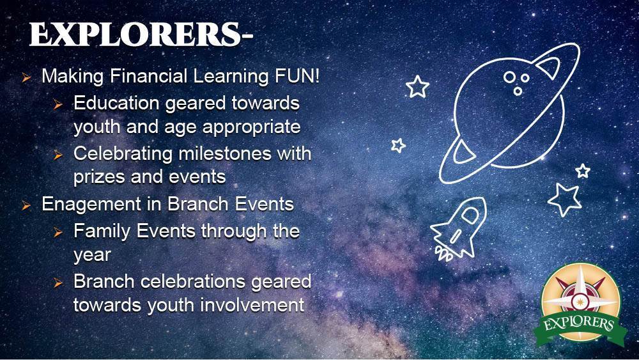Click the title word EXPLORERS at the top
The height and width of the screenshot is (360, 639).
click(x=135, y=35)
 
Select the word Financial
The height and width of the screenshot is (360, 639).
click(x=149, y=76)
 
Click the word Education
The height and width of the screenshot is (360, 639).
click(x=116, y=103)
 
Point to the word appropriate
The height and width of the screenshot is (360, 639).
click(x=251, y=127)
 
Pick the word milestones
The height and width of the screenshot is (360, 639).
click(x=225, y=153)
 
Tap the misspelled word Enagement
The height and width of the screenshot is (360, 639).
click(x=91, y=205)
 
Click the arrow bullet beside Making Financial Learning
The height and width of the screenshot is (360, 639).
click(x=26, y=77)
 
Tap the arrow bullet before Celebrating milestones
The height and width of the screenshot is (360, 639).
click(x=58, y=155)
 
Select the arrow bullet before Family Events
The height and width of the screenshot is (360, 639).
click(x=58, y=232)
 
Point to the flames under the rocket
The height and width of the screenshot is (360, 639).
click(x=444, y=254)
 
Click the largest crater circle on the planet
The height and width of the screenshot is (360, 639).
click(x=509, y=77)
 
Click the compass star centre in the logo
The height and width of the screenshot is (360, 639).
click(x=578, y=302)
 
